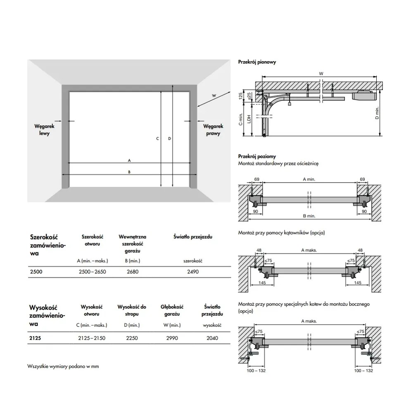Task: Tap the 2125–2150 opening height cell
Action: pos(92,338)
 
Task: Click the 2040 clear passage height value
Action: pos(212,338)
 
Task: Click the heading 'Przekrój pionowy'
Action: pos(257,62)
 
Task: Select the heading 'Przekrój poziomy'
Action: pos(257,157)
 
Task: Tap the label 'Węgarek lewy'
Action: pos(44,130)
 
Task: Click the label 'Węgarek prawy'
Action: pos(214,130)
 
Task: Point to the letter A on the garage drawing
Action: pos(129,160)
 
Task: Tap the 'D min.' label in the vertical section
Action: pos(377,112)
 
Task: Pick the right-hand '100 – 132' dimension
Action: pos(363,371)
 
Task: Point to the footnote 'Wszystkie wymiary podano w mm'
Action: pos(63,366)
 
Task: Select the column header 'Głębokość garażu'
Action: pos(172,310)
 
